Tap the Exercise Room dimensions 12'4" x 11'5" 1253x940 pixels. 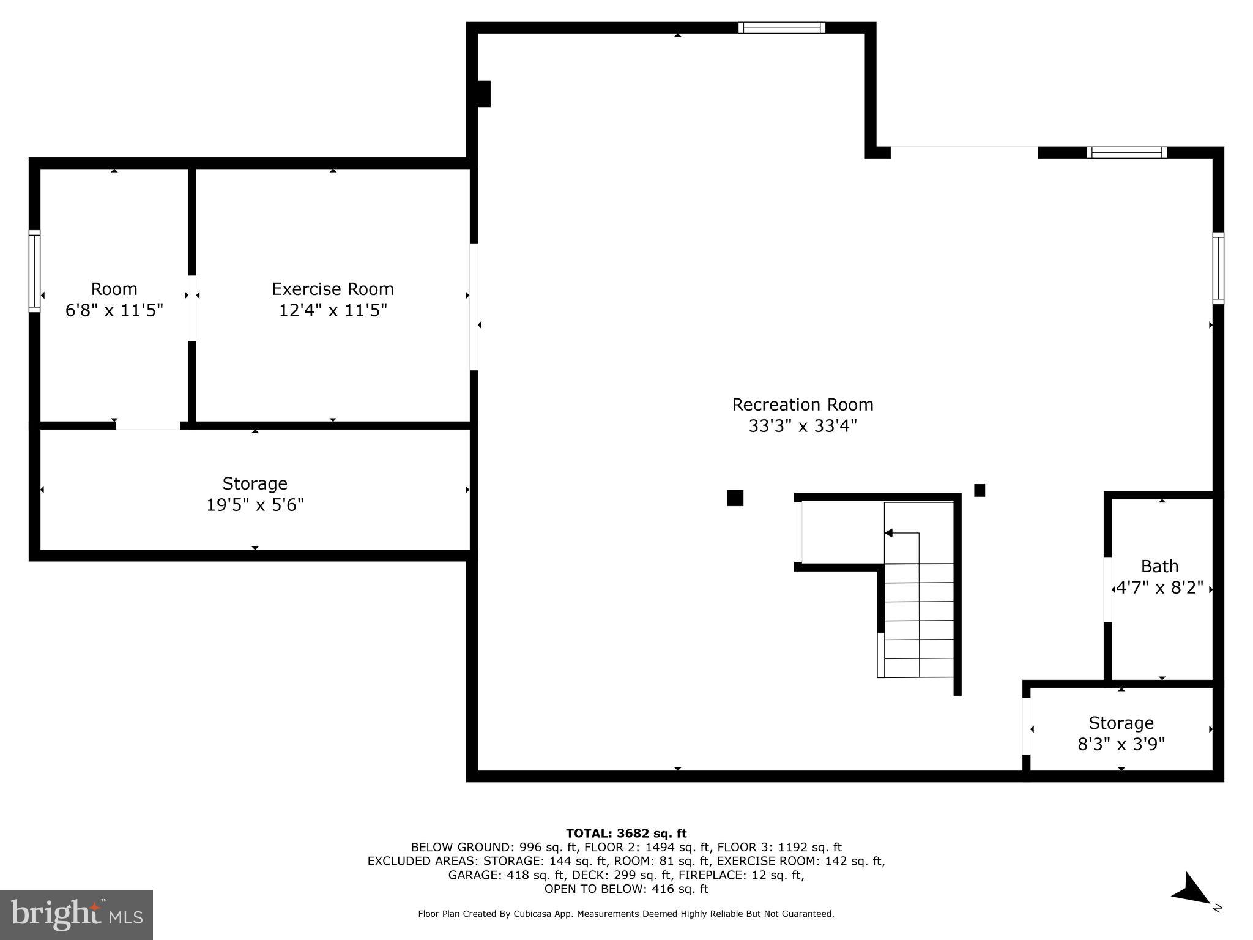(333, 310)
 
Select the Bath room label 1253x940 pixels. (1159, 566)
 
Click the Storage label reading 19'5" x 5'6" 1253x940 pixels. (255, 494)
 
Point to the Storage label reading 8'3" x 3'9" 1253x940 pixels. (1121, 734)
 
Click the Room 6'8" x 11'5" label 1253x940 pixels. (114, 299)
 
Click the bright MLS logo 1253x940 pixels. (76, 914)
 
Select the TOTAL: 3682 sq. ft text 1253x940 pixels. (626, 833)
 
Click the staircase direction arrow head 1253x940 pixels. (889, 533)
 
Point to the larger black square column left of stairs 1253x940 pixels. (735, 498)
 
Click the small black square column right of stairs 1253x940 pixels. (979, 490)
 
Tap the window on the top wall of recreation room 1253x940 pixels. (781, 28)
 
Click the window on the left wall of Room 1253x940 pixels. (34, 270)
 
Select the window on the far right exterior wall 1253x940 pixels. (1218, 268)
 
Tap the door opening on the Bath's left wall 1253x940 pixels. (1107, 589)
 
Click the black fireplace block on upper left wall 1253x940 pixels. (483, 94)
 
